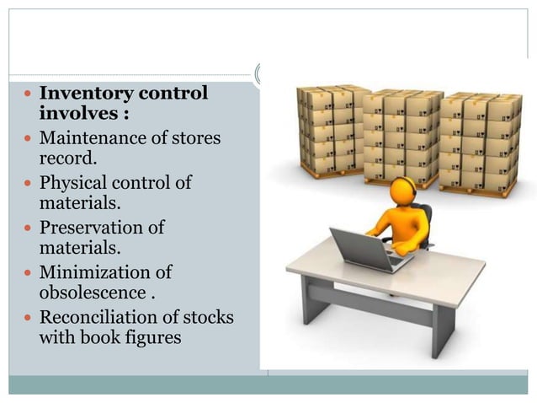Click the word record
(x=64, y=158)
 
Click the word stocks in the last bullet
(x=208, y=318)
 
